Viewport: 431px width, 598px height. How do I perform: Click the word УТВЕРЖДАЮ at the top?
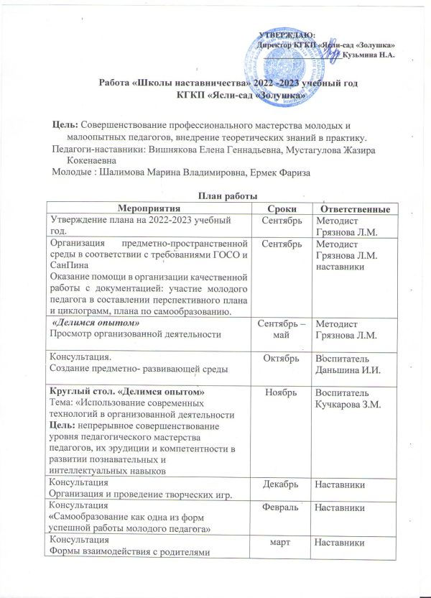[286, 34]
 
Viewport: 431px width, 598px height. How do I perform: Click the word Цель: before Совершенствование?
[67, 125]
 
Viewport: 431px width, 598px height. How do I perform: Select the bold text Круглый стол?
[75, 392]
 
